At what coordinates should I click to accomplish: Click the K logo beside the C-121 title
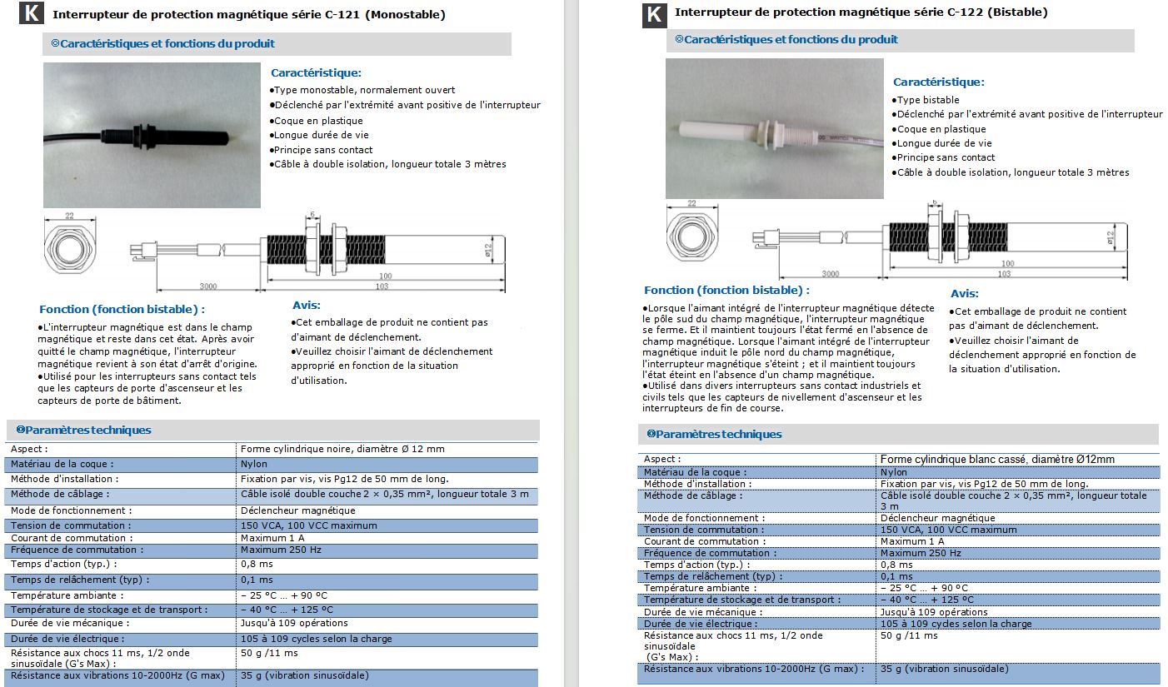pyautogui.click(x=32, y=14)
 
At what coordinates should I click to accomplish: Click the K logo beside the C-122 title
pyautogui.click(x=655, y=14)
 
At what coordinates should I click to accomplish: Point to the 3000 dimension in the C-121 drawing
pyautogui.click(x=207, y=286)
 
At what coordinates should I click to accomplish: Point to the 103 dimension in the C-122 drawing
pyautogui.click(x=1004, y=273)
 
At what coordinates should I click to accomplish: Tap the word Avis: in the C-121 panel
pyautogui.click(x=307, y=306)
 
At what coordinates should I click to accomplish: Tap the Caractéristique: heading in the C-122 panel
pyautogui.click(x=938, y=82)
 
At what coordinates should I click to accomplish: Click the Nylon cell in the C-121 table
pyautogui.click(x=254, y=464)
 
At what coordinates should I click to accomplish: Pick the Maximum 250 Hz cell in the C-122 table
pyautogui.click(x=921, y=553)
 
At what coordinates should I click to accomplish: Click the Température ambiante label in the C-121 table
pyautogui.click(x=67, y=595)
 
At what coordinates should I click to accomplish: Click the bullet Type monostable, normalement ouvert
pyautogui.click(x=364, y=90)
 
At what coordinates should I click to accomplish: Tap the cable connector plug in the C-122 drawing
pyautogui.click(x=760, y=238)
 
